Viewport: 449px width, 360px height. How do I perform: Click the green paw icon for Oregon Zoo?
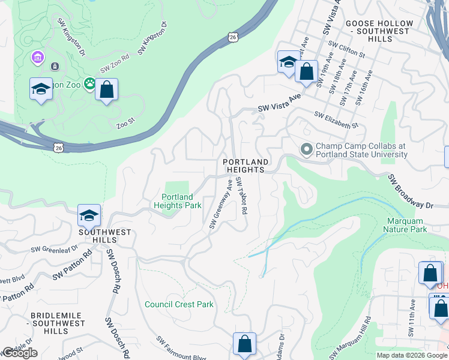click(x=89, y=84)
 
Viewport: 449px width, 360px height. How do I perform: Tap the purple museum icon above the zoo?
click(x=38, y=58)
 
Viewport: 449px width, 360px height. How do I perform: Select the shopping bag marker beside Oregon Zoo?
click(x=106, y=90)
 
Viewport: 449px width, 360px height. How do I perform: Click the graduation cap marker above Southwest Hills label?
click(x=89, y=215)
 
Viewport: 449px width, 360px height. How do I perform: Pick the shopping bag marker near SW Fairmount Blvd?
click(x=244, y=344)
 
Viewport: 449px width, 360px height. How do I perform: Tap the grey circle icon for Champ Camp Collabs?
click(x=307, y=148)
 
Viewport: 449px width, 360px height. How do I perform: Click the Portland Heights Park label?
click(x=177, y=201)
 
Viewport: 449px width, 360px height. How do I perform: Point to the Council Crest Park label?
click(x=179, y=304)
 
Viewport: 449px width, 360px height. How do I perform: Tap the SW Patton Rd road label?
click(x=71, y=265)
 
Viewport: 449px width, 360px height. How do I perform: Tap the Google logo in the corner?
click(x=20, y=353)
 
